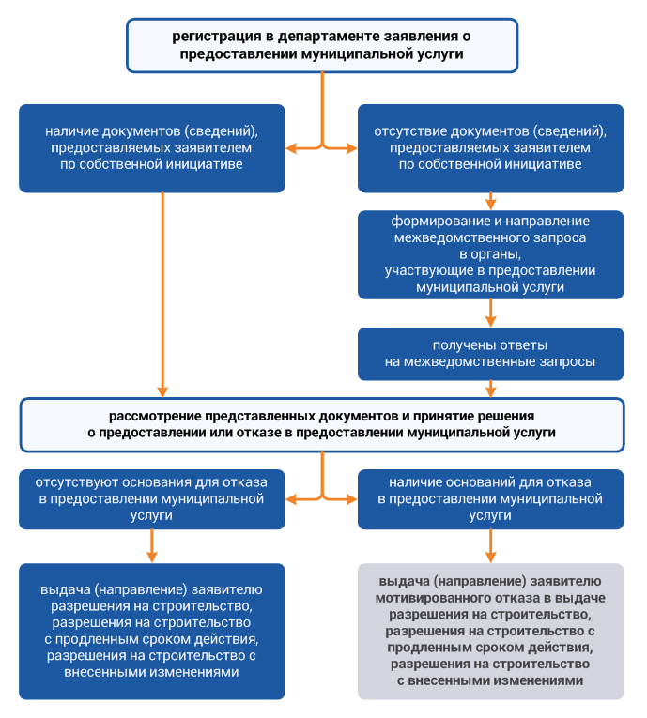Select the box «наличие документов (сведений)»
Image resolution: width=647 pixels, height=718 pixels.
152,148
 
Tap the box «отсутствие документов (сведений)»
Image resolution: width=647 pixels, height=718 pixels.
490,148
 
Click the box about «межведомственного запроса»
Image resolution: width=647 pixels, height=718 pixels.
490,254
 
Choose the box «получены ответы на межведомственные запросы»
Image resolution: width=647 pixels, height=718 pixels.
490,354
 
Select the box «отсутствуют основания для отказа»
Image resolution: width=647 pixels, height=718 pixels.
152,499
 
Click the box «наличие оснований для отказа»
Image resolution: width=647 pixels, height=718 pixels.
490,499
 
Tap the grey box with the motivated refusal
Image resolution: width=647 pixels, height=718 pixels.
490,631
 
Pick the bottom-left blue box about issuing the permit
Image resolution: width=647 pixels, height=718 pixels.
152,631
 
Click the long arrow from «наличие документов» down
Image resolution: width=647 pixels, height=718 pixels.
162,295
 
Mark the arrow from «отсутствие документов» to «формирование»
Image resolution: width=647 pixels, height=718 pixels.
491,202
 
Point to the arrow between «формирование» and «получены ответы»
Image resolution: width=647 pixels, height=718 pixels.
491,313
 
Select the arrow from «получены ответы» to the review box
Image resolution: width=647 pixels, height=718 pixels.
491,389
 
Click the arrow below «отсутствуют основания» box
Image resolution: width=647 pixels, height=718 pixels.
152,546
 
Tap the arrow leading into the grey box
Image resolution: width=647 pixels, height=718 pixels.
491,546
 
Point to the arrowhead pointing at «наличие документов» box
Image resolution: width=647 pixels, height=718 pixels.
290,148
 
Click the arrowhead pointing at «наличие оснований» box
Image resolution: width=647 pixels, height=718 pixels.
352,499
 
